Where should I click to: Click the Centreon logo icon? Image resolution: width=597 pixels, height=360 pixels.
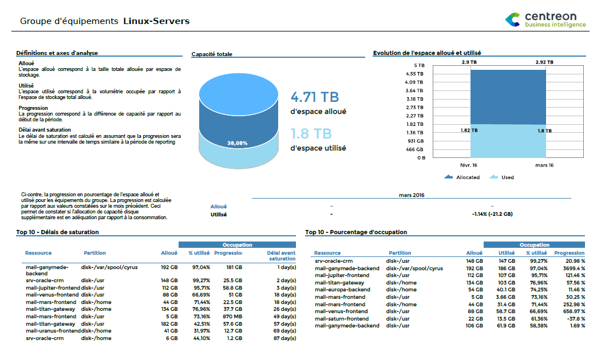[513, 20]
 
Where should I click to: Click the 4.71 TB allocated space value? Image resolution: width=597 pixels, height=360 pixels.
[314, 97]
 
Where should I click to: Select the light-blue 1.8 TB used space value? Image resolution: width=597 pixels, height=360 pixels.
[311, 133]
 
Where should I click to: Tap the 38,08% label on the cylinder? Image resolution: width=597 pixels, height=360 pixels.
[238, 143]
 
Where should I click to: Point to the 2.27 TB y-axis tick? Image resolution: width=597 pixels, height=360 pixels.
[414, 116]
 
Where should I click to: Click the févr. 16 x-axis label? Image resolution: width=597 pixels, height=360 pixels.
[469, 165]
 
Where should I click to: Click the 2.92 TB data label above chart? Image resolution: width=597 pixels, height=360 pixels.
[544, 62]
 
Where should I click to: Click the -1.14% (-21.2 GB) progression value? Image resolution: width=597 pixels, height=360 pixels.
[492, 214]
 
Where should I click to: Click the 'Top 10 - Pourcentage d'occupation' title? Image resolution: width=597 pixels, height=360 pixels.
[356, 232]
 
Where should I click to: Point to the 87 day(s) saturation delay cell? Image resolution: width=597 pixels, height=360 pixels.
[284, 338]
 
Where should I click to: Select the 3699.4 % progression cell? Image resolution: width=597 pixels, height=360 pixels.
[572, 268]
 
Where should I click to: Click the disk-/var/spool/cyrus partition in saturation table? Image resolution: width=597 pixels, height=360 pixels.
[109, 267]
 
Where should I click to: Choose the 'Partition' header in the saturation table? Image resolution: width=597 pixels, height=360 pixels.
[94, 252]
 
